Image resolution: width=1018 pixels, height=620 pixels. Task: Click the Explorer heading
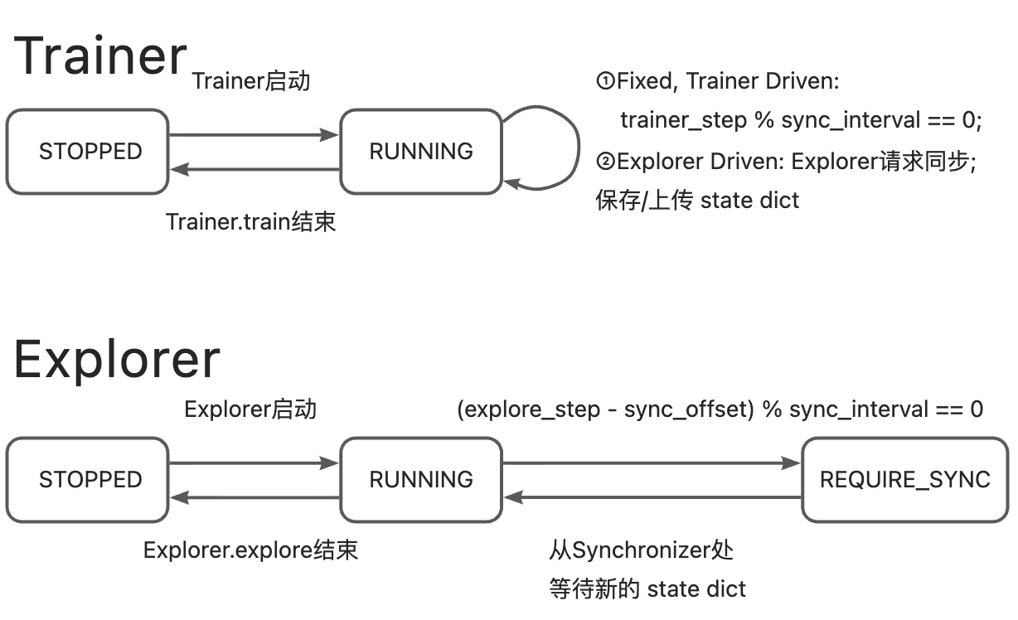[117, 359]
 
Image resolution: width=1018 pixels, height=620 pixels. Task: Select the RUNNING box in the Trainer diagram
[421, 152]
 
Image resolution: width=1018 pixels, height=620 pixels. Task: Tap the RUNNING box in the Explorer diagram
[421, 480]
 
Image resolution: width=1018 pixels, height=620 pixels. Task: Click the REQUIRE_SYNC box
[904, 480]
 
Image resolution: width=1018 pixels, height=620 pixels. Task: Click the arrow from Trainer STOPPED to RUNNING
[254, 134]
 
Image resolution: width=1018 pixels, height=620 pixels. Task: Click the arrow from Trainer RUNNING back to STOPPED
[254, 169]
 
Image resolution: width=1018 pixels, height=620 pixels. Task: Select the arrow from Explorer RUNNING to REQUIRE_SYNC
[652, 463]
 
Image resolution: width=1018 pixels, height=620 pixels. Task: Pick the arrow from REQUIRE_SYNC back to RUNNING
[652, 497]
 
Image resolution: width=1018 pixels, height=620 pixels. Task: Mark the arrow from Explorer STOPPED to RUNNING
[254, 463]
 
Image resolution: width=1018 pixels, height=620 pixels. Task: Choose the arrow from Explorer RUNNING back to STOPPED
[254, 497]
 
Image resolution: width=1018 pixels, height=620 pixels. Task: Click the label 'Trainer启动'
[251, 81]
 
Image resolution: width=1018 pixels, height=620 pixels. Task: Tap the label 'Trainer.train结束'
[251, 222]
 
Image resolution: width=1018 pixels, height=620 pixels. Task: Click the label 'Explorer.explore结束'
[250, 550]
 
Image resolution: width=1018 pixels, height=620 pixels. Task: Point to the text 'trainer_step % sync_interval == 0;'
[801, 121]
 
